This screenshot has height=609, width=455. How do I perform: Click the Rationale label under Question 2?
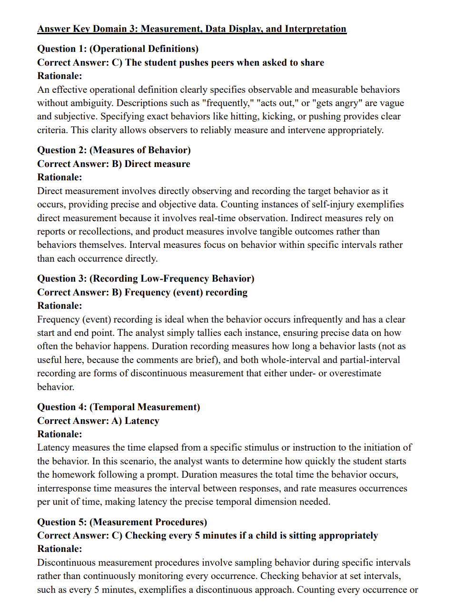click(59, 177)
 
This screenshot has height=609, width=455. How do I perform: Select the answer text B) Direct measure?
click(151, 164)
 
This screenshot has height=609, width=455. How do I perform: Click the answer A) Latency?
click(135, 421)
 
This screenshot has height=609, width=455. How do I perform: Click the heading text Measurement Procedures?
click(148, 522)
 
